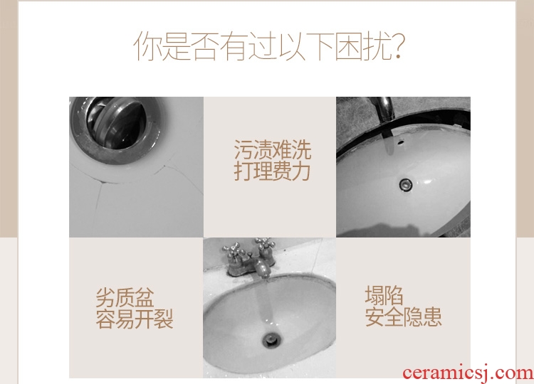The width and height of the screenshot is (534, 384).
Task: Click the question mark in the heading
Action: point(397,46)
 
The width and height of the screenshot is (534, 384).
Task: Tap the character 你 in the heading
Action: point(147,46)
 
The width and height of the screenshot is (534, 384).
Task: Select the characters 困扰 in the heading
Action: point(361,46)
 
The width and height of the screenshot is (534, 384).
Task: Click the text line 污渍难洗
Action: point(273,149)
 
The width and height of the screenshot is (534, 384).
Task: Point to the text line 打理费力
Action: point(272,171)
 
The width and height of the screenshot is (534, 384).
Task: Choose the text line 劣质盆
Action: point(125,298)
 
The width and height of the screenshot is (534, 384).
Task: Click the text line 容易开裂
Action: point(134,319)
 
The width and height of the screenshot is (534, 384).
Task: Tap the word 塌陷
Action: point(384,295)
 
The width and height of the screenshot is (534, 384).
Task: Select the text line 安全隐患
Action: point(403,316)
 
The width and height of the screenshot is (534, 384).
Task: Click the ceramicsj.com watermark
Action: point(468,373)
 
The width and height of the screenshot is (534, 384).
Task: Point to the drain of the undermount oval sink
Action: point(406,185)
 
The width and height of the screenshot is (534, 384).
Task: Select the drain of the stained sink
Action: point(271,340)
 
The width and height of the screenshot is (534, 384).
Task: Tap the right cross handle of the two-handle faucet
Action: point(263,245)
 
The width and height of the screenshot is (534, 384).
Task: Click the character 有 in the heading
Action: point(234,46)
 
